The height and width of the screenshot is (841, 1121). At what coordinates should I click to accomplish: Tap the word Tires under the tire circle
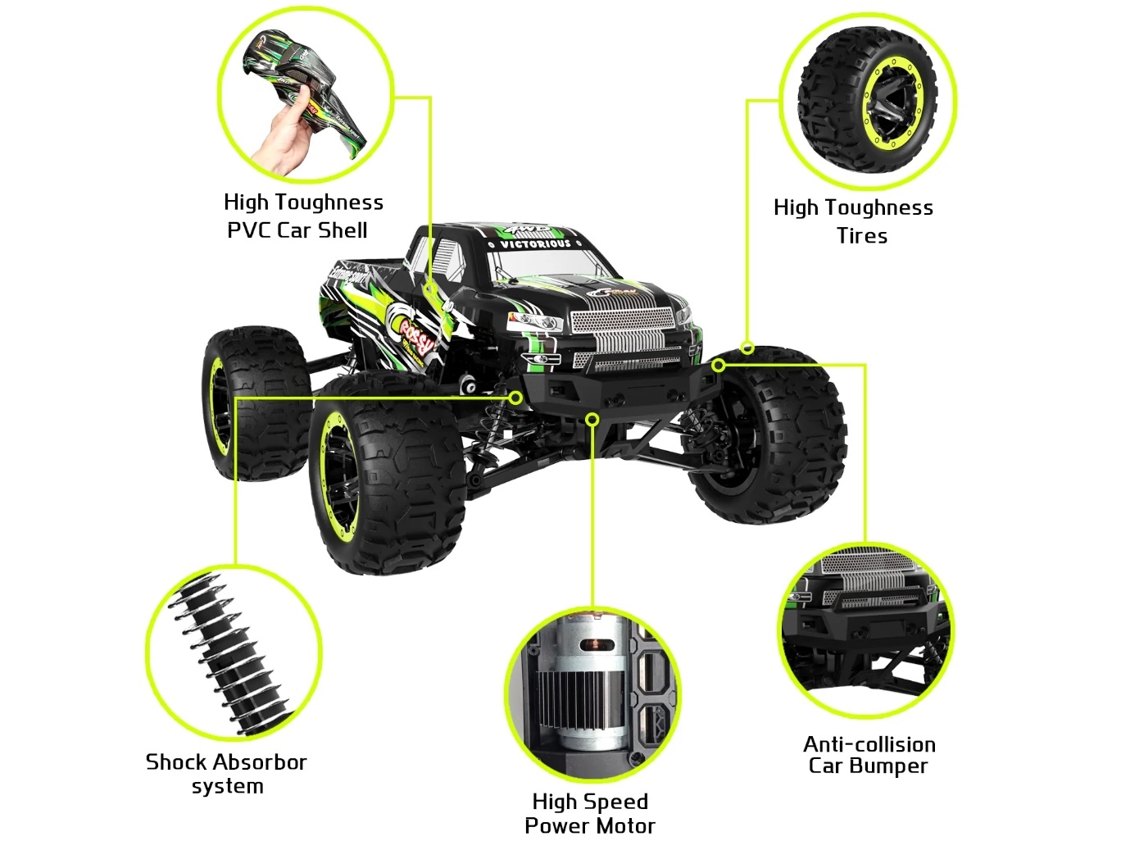tap(861, 236)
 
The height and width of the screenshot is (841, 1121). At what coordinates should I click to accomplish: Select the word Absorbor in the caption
tap(260, 762)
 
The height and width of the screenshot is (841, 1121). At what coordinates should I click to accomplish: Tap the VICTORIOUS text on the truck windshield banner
tap(535, 243)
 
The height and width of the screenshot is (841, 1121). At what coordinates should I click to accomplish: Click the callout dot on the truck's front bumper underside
tap(592, 420)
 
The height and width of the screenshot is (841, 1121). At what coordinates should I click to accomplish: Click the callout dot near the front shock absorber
tap(515, 398)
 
